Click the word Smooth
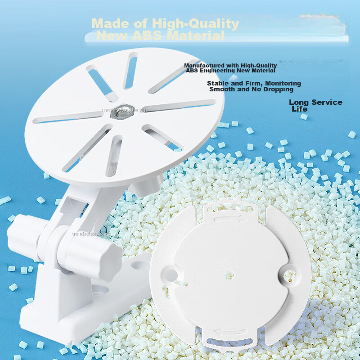pos(225,89)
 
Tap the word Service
pos(324,102)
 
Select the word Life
pos(299,109)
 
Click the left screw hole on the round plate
pos(171,272)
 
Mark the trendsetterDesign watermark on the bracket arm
pos(92,234)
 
